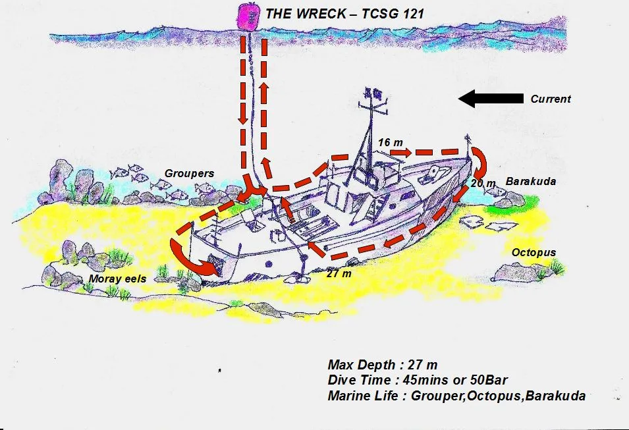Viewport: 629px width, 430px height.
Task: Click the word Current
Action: pyautogui.click(x=551, y=99)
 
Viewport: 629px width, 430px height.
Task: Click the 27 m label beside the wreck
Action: pyautogui.click(x=339, y=273)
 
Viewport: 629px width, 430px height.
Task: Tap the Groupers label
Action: pyautogui.click(x=189, y=174)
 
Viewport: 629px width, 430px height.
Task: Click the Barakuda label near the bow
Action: pyautogui.click(x=527, y=180)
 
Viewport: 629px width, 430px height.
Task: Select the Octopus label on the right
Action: pyautogui.click(x=534, y=252)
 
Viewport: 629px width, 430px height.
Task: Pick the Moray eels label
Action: pyautogui.click(x=117, y=279)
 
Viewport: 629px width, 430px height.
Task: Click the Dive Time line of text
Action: pyautogui.click(x=418, y=380)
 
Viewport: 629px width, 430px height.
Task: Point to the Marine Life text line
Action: pyautogui.click(x=456, y=396)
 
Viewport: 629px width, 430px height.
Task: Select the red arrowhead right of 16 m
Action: pyautogui.click(x=402, y=153)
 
